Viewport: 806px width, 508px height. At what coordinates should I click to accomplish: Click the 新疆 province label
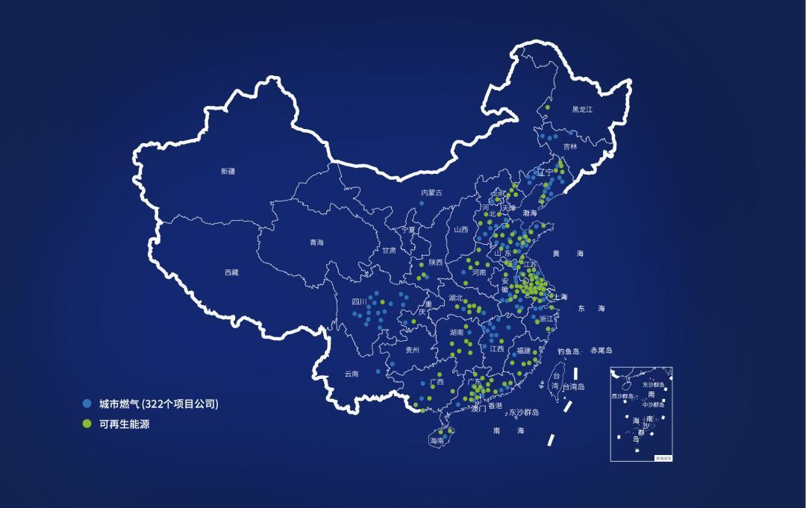point(228,172)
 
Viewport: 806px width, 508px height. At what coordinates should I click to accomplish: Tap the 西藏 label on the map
point(232,272)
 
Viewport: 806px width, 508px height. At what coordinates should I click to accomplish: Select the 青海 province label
point(317,242)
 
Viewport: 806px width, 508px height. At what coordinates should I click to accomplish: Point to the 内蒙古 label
point(431,192)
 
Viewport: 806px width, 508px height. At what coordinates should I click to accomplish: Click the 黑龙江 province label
point(582,110)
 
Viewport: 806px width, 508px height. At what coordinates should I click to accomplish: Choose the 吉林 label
point(570,147)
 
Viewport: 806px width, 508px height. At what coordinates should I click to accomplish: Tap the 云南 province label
point(351,374)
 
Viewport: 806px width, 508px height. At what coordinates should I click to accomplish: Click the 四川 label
point(359,302)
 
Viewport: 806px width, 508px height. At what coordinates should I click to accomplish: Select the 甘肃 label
point(390,251)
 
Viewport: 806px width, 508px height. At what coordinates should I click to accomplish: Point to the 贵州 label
point(412,350)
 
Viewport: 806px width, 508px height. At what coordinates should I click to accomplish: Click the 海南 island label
point(437,442)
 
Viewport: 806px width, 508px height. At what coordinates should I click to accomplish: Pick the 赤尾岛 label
point(601,351)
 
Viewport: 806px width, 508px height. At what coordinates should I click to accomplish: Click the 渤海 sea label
point(530,213)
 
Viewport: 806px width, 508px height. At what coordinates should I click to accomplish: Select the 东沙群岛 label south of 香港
point(524,412)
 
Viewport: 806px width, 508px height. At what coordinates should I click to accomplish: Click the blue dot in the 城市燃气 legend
point(87,404)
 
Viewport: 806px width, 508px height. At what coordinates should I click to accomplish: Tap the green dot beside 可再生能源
point(87,424)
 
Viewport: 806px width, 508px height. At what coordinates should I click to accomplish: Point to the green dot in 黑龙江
point(548,107)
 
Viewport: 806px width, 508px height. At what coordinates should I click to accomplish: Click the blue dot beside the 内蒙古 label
point(422,203)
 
